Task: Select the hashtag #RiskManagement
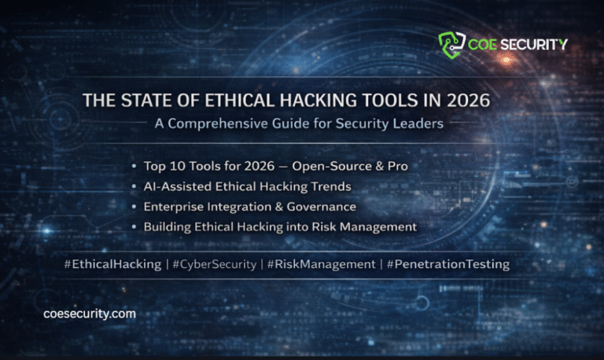point(322,265)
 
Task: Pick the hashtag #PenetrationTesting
point(448,265)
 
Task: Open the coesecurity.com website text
point(90,314)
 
